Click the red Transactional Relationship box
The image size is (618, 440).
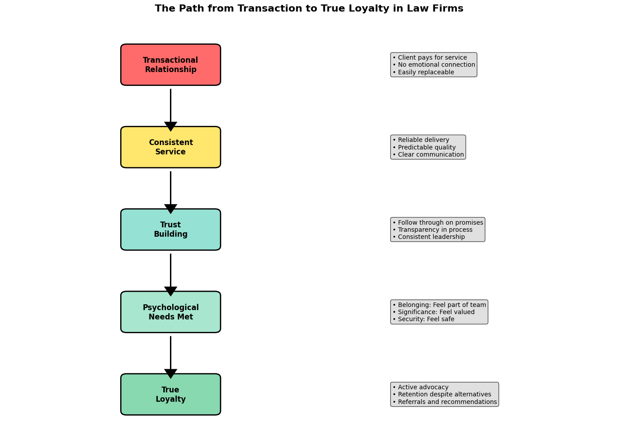click(x=170, y=65)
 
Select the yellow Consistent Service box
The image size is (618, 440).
click(x=170, y=147)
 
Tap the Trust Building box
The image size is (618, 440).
click(x=170, y=230)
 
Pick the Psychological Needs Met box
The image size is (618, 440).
click(x=170, y=312)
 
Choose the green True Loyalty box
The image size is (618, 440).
click(x=170, y=394)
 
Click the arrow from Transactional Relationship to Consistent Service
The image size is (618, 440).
click(x=170, y=109)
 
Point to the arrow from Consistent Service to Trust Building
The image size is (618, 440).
click(x=170, y=191)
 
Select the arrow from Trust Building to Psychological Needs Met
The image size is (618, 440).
click(x=170, y=274)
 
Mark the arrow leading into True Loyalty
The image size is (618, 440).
click(x=170, y=356)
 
